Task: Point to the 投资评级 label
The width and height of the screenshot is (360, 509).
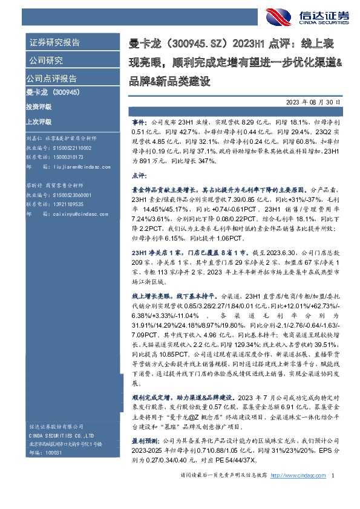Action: pyautogui.click(x=38, y=106)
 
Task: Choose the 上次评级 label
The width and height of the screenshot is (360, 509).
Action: pyautogui.click(x=38, y=120)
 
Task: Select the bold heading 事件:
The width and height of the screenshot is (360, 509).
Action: pyautogui.click(x=139, y=122)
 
